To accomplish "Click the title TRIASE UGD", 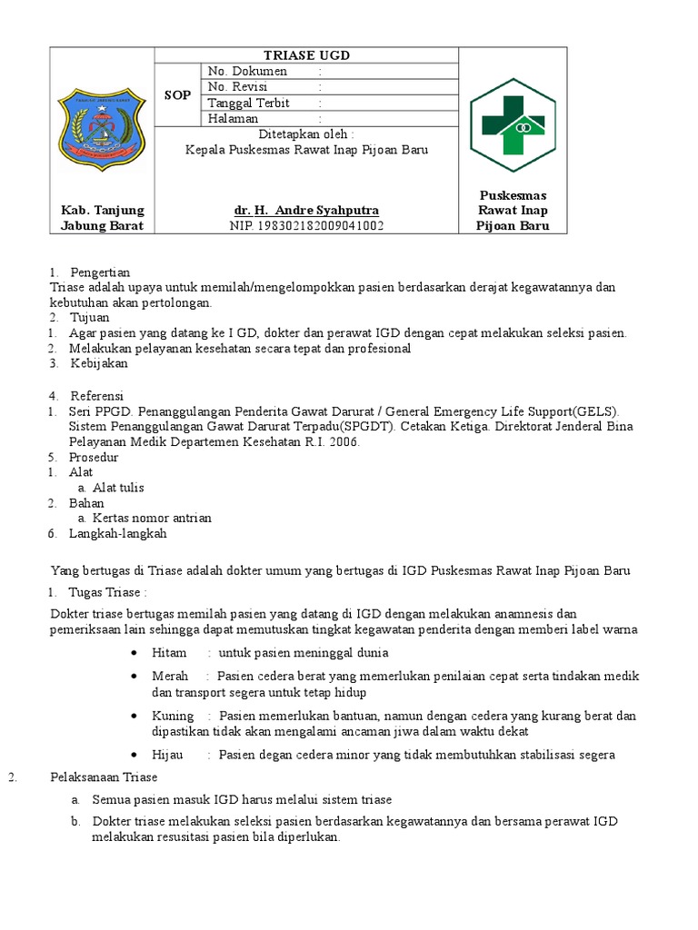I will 306,55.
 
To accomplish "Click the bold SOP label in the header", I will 177,95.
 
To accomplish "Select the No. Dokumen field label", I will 247,72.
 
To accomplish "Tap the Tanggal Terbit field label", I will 249,103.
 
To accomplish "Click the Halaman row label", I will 233,119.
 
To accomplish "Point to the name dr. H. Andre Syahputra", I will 306,211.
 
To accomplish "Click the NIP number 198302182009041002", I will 306,226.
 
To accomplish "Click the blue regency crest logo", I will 102,126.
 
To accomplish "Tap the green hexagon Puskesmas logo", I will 513,125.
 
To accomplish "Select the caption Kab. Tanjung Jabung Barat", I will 102,218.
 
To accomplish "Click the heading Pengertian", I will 100,272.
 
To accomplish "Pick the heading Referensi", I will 97,396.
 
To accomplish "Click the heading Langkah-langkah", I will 118,534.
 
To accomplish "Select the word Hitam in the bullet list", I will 169,653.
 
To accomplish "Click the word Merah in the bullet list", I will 170,677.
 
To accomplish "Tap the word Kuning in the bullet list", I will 173,716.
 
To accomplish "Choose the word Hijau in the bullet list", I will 168,755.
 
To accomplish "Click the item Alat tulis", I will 118,488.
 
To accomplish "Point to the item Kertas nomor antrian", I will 152,519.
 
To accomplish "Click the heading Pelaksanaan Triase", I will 103,777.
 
